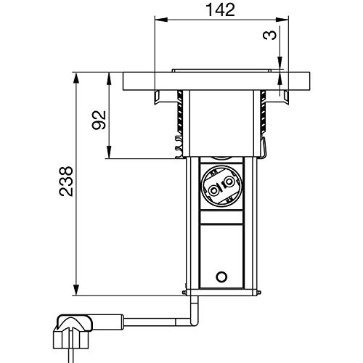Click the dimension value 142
(x=220, y=9)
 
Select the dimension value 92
(x=99, y=120)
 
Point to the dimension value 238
(x=66, y=181)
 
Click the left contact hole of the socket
(x=213, y=190)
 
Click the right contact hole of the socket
(x=228, y=181)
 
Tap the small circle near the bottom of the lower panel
(x=221, y=277)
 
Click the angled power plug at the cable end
(x=73, y=332)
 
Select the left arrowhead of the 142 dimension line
(x=161, y=20)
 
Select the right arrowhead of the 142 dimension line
(x=282, y=20)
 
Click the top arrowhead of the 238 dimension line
(x=76, y=78)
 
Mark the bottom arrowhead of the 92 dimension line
(x=109, y=152)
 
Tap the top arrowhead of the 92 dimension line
(x=109, y=78)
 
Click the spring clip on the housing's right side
(x=264, y=147)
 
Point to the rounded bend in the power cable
(x=195, y=321)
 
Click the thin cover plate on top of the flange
(x=221, y=70)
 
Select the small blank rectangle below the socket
(x=221, y=217)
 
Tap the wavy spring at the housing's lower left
(x=179, y=147)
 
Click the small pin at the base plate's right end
(x=258, y=293)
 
